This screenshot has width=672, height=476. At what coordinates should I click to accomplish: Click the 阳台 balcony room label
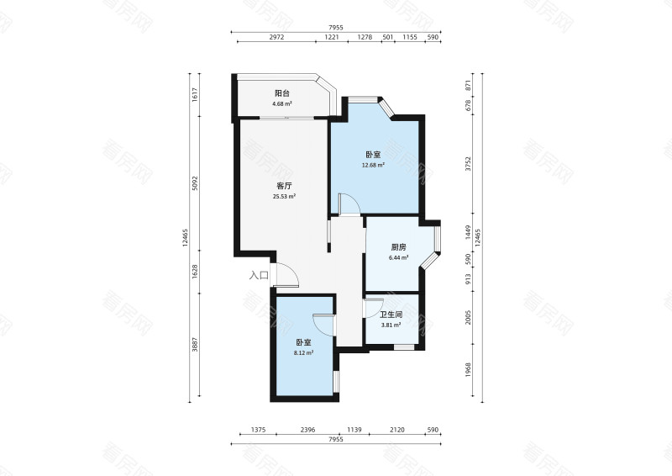pyautogui.click(x=282, y=93)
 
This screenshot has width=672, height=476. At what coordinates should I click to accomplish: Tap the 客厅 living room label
pyautogui.click(x=284, y=187)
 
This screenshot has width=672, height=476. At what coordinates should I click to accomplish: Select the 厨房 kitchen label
pyautogui.click(x=398, y=247)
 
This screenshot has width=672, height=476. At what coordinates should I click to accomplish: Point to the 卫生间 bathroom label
pyautogui.click(x=391, y=315)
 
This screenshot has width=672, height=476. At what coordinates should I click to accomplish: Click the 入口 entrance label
pyautogui.click(x=259, y=276)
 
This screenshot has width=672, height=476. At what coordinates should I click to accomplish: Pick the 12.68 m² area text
pyautogui.click(x=373, y=165)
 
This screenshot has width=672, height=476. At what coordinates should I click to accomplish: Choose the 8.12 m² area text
pyautogui.click(x=303, y=353)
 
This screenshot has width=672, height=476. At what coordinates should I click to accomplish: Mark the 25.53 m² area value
pyautogui.click(x=284, y=197)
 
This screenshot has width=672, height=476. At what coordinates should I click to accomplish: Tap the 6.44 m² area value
pyautogui.click(x=398, y=257)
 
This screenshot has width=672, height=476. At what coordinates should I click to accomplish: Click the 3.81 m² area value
pyautogui.click(x=391, y=325)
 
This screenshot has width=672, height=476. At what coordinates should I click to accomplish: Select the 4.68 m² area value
pyautogui.click(x=282, y=103)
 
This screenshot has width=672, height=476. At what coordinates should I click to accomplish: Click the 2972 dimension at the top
pyautogui.click(x=276, y=37)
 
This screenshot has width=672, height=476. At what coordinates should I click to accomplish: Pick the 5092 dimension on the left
pyautogui.click(x=196, y=182)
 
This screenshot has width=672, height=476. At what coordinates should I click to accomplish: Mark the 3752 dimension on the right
pyautogui.click(x=469, y=164)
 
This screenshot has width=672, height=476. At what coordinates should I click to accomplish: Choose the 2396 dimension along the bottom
pyautogui.click(x=307, y=430)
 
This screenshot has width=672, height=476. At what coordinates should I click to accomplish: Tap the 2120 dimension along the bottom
pyautogui.click(x=396, y=430)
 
